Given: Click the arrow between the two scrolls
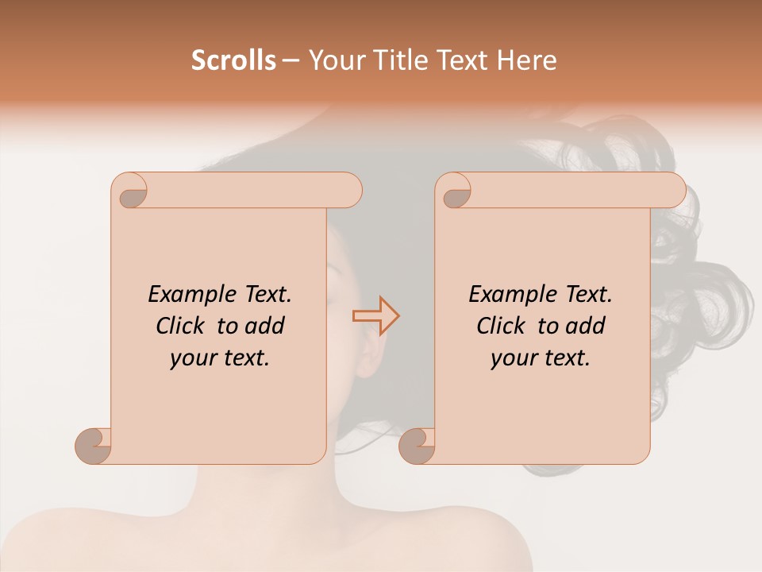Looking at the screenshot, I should point(375,316).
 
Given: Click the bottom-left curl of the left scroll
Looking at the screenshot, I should point(94,446).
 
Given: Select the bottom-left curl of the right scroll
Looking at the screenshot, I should point(417,446).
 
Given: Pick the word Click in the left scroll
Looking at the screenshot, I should point(180,327).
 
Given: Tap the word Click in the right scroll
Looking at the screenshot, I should point(501,327).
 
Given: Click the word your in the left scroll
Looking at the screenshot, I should point(193,358).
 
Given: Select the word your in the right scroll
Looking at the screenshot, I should point(514,358).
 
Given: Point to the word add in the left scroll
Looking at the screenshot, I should point(265,327).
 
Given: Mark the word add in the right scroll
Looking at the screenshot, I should point(586,327).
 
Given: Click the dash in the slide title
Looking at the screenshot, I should point(291,61).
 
